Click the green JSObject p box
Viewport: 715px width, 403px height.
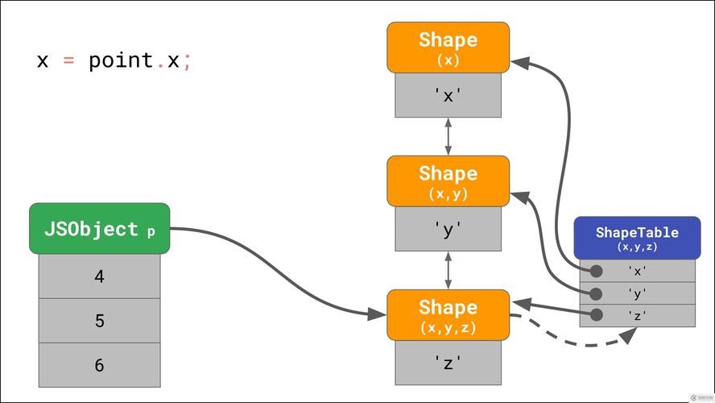[100, 229]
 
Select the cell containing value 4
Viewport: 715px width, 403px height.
[100, 276]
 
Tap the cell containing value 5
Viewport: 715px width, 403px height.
[100, 321]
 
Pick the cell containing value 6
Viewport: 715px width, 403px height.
[100, 365]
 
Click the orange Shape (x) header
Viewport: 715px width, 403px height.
[448, 48]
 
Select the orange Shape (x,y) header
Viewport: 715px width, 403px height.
[448, 181]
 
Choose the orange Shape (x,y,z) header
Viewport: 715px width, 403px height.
[448, 315]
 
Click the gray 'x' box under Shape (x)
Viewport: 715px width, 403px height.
[448, 96]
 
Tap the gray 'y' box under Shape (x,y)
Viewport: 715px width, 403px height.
[448, 230]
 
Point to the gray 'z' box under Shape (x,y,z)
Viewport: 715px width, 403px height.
[448, 363]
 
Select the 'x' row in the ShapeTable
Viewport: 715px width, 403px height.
[638, 272]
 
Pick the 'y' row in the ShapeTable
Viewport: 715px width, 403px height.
[638, 294]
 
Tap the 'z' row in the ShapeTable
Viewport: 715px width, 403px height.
[638, 316]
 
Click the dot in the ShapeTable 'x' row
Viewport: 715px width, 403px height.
[596, 272]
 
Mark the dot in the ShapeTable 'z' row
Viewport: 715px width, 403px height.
[596, 316]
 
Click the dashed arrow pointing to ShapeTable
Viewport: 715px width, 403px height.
[580, 343]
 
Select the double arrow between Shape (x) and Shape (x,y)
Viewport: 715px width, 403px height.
[448, 136]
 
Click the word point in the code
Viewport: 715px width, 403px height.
[121, 60]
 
